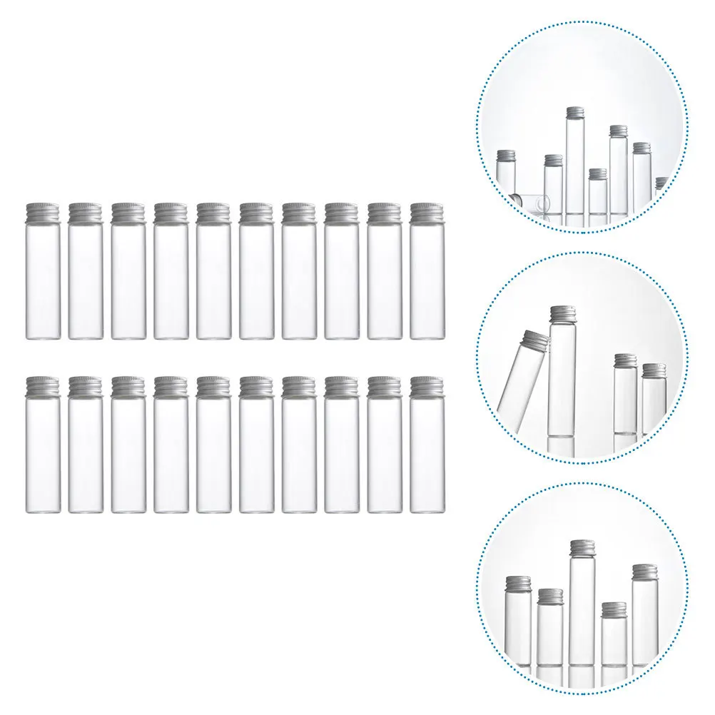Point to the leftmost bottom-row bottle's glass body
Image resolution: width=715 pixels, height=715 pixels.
42,453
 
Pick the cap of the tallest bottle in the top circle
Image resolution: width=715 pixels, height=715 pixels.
575,113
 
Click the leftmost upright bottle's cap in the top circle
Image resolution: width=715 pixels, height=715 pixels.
506,156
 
